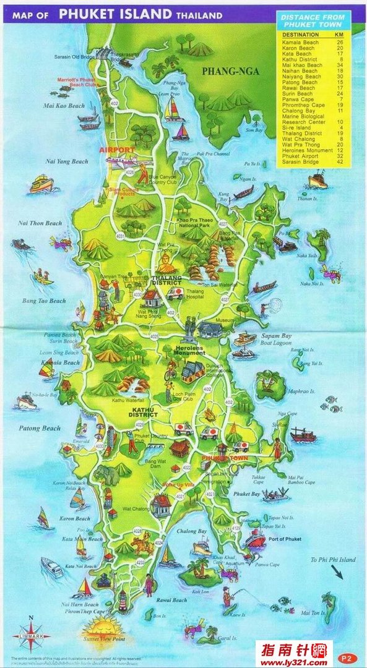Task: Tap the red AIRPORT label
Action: [117, 150]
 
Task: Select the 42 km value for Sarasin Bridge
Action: [339, 162]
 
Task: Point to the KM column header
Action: [339, 35]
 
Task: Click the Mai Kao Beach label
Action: [64, 106]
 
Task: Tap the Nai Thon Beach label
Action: [41, 223]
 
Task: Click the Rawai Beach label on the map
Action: [171, 599]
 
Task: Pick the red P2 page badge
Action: [348, 657]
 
